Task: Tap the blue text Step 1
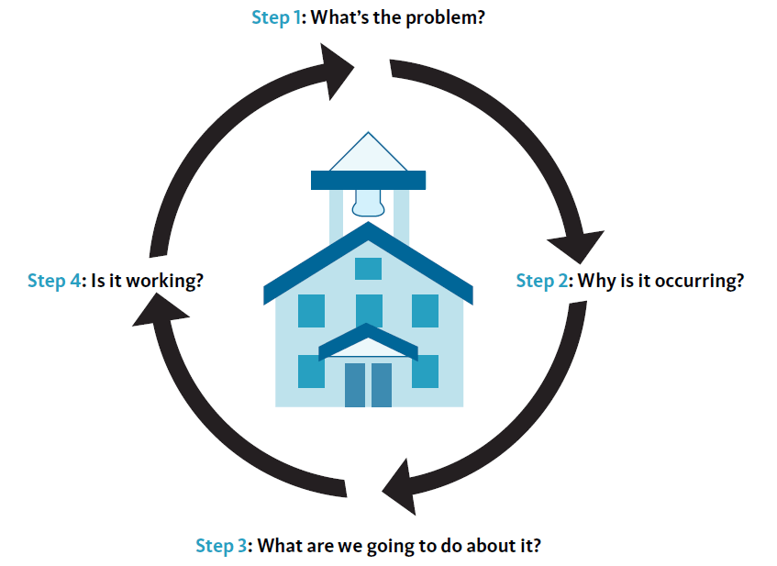(276, 17)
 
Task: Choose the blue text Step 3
(221, 546)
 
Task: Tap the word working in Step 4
(165, 281)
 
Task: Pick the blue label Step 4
(54, 281)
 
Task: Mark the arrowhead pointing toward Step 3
(404, 486)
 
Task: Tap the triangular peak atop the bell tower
(369, 153)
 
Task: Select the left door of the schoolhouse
(355, 384)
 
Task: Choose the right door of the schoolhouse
(381, 384)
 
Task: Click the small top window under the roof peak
(368, 268)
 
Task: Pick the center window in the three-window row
(369, 310)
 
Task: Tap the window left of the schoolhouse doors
(312, 371)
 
